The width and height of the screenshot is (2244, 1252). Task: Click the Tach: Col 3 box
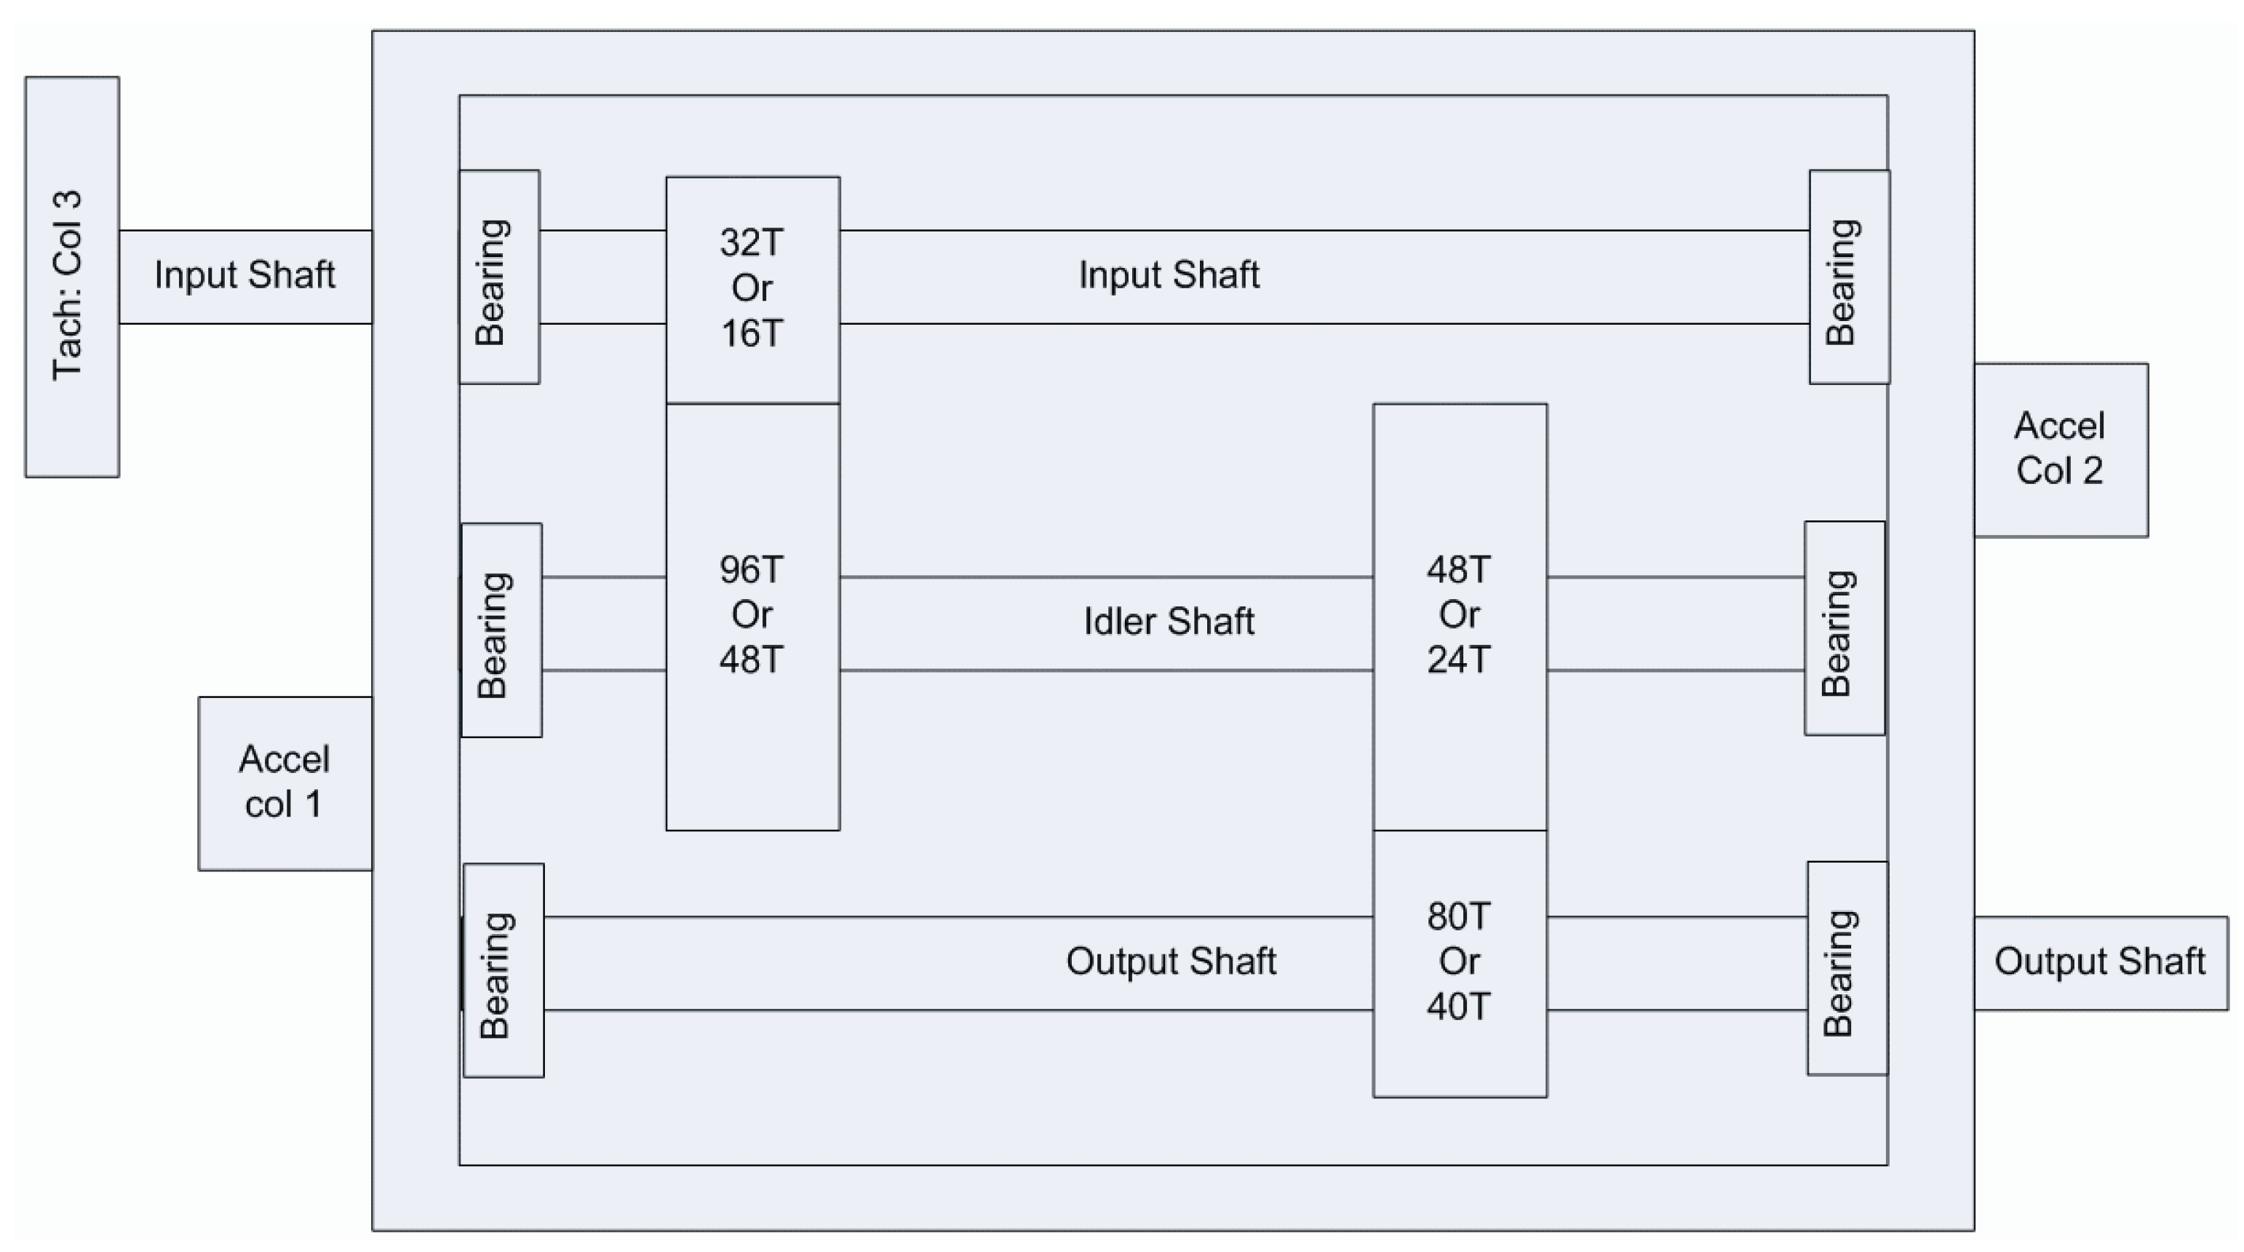71,277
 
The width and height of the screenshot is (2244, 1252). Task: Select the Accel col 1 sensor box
285,782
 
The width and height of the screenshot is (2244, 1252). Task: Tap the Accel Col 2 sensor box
2060,450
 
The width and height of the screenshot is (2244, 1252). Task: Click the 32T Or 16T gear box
752,288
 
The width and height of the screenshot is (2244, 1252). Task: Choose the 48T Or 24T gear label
1459,614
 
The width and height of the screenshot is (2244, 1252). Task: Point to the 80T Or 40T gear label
1459,962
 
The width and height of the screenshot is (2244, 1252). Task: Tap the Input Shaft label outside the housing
244,275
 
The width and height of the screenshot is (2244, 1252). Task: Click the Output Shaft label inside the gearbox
1171,962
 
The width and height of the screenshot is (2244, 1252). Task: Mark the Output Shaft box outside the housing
2099,962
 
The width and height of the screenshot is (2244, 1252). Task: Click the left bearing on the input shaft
499,277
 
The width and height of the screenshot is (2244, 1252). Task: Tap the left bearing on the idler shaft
501,630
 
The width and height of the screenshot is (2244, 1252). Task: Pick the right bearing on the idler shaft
1844,628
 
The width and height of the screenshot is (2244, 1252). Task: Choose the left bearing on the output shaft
504,970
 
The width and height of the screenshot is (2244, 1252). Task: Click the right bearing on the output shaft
1847,969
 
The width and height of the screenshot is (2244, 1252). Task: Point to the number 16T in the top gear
752,333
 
